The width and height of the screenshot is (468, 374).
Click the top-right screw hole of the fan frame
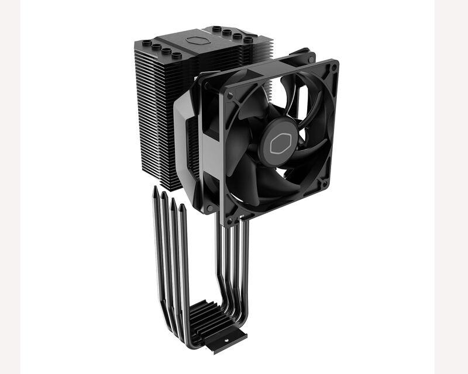pyautogui.click(x=332, y=68)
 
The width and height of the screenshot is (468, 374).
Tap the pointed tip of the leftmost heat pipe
pyautogui.click(x=154, y=189)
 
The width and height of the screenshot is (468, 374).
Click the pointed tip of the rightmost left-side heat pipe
pyautogui.click(x=183, y=206)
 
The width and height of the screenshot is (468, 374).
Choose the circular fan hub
pyautogui.click(x=278, y=141)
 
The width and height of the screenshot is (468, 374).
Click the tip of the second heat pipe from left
pyautogui.click(x=164, y=195)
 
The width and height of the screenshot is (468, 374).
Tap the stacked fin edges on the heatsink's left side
pyautogui.click(x=153, y=117)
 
